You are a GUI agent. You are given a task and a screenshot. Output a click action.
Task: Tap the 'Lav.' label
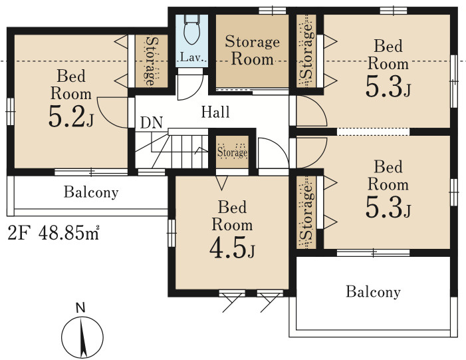point(191,57)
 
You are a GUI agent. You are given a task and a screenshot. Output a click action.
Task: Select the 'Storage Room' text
point(252,50)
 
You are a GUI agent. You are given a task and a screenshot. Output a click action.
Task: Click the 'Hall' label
point(215,112)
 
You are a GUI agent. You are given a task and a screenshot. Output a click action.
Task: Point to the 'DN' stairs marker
point(152,122)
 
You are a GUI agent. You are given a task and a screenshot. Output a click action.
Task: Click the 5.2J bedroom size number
point(70,116)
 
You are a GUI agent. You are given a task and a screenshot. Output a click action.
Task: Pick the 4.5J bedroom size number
point(232,248)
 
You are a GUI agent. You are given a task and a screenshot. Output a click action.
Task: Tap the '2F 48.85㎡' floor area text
point(53,233)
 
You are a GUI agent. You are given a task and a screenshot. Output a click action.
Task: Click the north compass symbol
point(82,337)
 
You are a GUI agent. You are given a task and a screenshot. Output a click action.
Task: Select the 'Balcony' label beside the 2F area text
point(91,192)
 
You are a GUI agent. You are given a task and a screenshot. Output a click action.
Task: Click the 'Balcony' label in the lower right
point(374,291)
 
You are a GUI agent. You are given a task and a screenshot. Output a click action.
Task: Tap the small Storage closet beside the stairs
point(232,152)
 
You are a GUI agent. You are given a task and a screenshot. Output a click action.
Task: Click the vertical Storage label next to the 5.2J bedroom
point(152,61)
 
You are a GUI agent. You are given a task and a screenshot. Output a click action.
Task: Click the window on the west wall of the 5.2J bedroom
point(11,111)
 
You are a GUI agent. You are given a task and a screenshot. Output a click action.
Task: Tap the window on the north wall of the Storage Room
point(273,11)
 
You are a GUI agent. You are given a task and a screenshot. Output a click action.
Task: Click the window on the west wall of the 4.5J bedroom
point(172,233)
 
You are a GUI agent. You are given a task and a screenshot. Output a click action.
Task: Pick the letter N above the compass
point(80,308)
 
